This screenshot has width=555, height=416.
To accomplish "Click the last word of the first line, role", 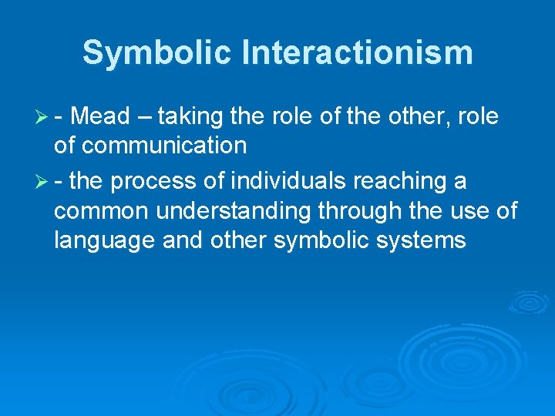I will point(478,117).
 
